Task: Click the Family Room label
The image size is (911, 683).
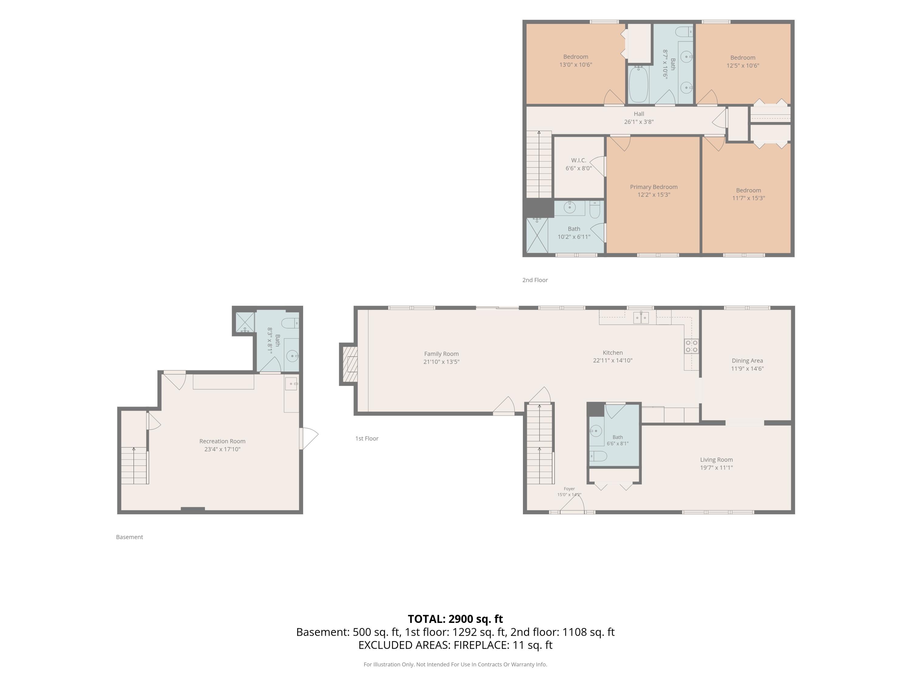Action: tap(441, 354)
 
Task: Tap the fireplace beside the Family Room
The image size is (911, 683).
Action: tap(348, 364)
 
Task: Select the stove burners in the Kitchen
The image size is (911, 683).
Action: tap(691, 346)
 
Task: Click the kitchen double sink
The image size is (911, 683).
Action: tap(641, 318)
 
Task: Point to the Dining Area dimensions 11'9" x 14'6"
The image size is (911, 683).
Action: tap(747, 369)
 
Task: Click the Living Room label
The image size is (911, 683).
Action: tap(716, 460)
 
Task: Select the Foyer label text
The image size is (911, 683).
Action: tap(569, 489)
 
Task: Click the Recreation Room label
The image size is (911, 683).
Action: tap(222, 441)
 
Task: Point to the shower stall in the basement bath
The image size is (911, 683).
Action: tap(245, 323)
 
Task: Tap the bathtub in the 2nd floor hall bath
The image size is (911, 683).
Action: tap(638, 84)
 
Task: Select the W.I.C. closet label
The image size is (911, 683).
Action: tap(579, 160)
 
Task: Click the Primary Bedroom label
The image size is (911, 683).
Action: tap(653, 187)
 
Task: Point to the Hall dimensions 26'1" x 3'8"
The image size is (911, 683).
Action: tap(639, 122)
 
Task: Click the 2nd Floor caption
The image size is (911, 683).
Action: tap(535, 280)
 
